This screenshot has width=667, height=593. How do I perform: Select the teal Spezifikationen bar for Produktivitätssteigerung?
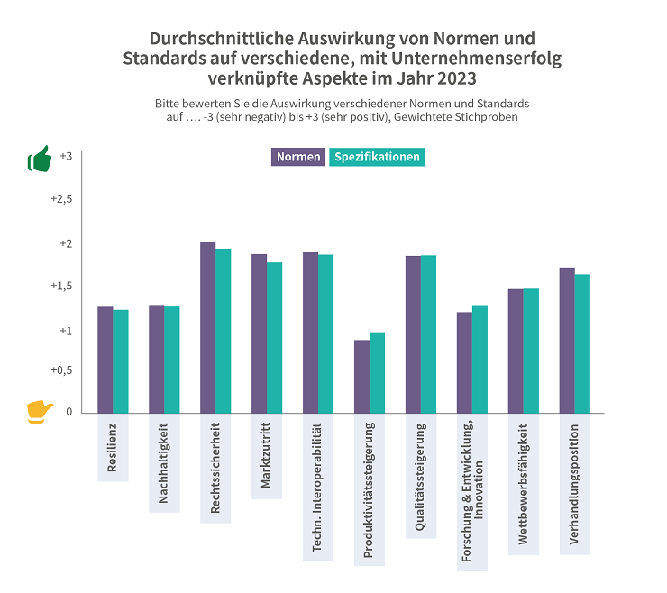pyautogui.click(x=377, y=372)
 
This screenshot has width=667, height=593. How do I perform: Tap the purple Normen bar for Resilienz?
pyautogui.click(x=105, y=360)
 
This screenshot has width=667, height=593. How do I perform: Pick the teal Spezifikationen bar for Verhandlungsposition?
pyautogui.click(x=582, y=343)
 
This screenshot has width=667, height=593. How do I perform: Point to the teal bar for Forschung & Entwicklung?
pyautogui.click(x=480, y=359)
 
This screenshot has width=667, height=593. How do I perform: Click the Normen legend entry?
pyautogui.click(x=298, y=157)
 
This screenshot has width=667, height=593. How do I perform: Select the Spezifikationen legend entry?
pyautogui.click(x=377, y=157)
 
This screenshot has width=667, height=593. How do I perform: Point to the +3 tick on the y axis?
pyautogui.click(x=66, y=156)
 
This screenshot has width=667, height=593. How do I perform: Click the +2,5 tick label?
pyautogui.click(x=61, y=199)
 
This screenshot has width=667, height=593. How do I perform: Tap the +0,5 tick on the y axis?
pyautogui.click(x=61, y=370)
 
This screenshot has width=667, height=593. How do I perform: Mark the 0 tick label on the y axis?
pyautogui.click(x=69, y=413)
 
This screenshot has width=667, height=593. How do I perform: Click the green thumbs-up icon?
pyautogui.click(x=39, y=160)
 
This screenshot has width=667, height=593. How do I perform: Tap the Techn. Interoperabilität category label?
pyautogui.click(x=317, y=488)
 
